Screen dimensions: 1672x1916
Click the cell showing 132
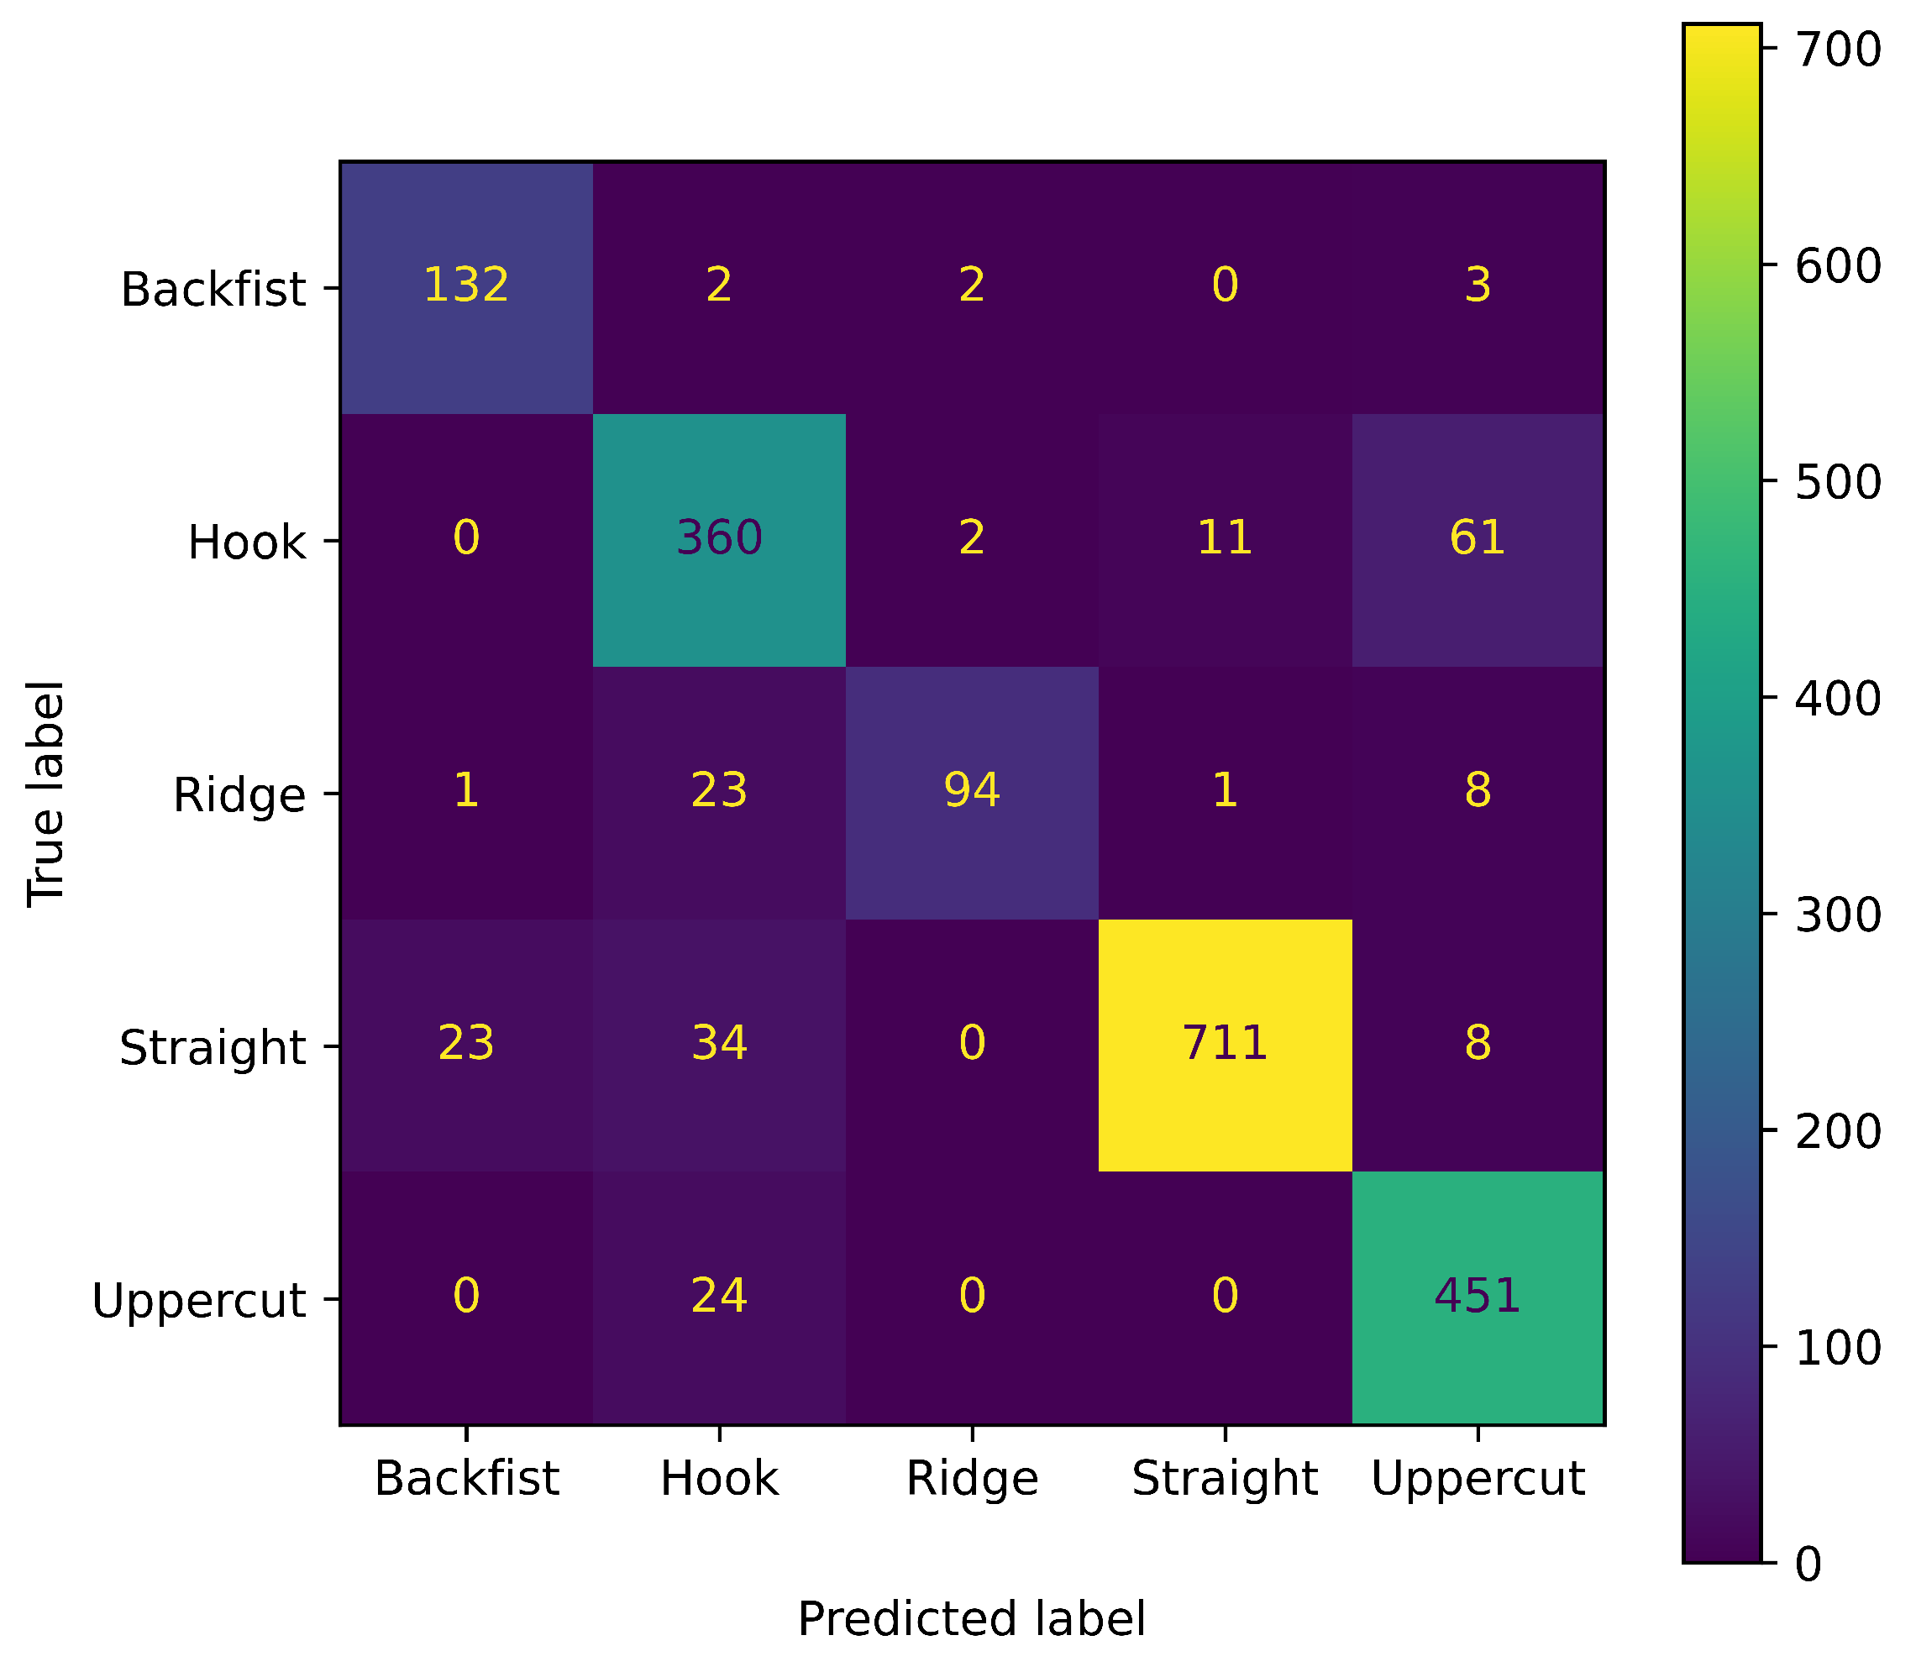465,285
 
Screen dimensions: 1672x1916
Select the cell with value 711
1225,1043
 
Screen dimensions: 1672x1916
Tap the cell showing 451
1478,1296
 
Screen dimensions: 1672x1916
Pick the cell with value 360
719,538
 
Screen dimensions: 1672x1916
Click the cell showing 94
972,790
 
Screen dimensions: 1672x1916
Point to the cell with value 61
1478,538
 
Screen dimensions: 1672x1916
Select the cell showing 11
1225,538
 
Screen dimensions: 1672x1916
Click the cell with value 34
719,1043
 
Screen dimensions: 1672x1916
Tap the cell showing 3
1478,285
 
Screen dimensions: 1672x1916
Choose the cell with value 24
719,1296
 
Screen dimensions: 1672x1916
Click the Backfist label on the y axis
213,289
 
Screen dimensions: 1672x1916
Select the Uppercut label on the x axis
1478,1479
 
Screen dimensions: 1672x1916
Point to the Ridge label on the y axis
239,796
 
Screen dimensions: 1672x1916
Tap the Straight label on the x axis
1225,1479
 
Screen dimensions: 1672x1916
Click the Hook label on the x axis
719,1479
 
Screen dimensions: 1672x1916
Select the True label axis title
45,793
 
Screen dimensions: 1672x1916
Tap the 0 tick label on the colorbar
1808,1565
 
